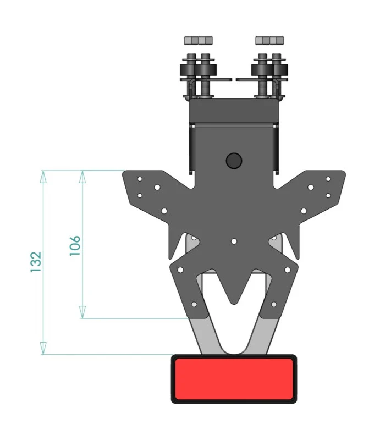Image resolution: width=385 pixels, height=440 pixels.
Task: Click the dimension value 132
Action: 36,262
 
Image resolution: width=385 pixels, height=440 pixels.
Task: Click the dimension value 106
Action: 75,246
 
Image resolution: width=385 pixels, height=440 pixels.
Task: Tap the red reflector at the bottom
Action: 234,379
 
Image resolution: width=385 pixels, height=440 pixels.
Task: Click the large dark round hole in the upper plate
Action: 234,161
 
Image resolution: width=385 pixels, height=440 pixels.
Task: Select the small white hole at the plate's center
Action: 234,241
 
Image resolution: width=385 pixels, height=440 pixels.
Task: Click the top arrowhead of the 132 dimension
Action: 43,177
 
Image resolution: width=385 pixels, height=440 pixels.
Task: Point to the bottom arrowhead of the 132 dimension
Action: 43,348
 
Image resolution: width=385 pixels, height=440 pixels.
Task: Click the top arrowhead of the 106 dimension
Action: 82,177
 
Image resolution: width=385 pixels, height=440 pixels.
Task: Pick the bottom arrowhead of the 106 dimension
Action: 82,312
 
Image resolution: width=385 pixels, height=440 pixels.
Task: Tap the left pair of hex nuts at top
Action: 199,40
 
